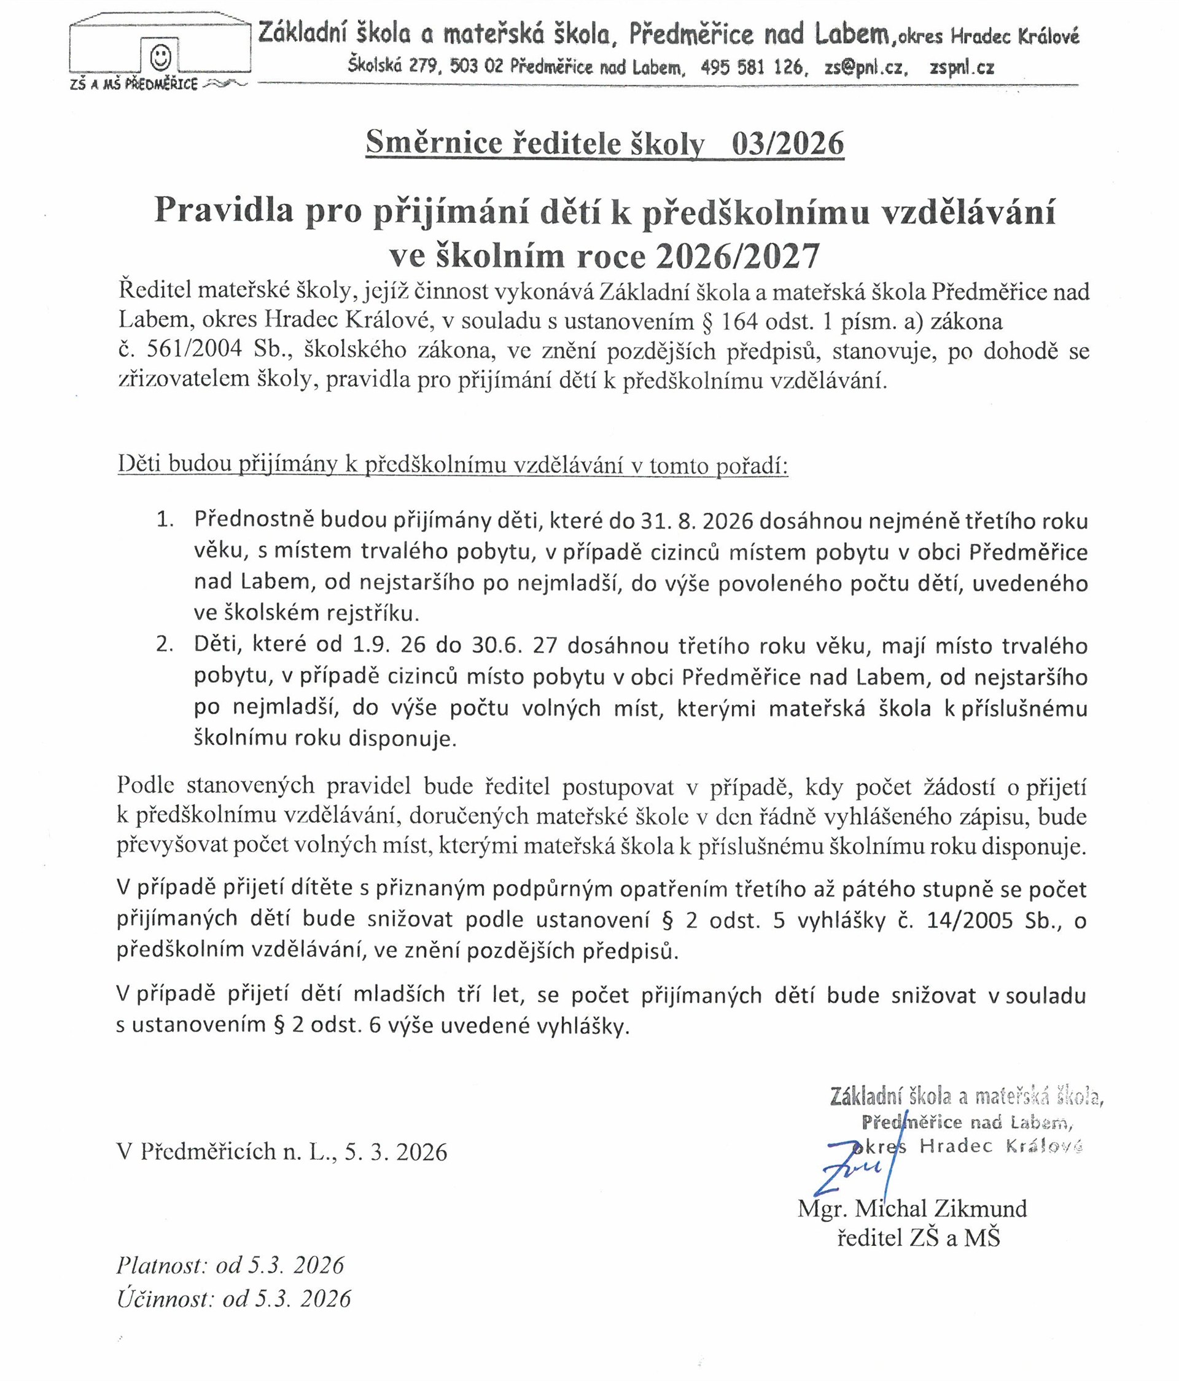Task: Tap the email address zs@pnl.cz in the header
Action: [865, 68]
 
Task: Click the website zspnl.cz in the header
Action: [962, 68]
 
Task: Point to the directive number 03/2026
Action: [787, 144]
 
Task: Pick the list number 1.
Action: [165, 521]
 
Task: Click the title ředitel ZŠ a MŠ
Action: [919, 1238]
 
